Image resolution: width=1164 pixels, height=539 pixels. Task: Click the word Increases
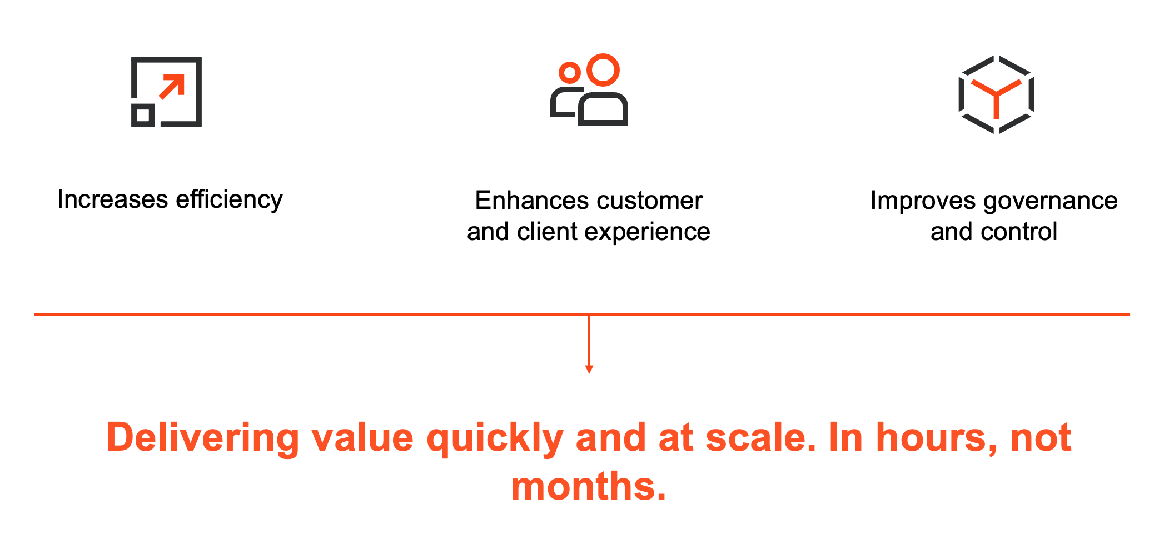(112, 199)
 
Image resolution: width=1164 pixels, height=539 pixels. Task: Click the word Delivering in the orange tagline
(203, 439)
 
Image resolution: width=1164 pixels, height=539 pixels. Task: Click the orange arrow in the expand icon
(172, 87)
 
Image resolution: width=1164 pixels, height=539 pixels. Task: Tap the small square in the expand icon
(143, 115)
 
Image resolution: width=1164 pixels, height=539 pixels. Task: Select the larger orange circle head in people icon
(603, 70)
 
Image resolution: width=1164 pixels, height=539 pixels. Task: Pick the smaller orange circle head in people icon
(570, 73)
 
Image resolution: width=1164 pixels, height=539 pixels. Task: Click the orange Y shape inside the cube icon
(996, 94)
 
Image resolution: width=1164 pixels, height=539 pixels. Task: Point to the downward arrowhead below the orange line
(589, 370)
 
